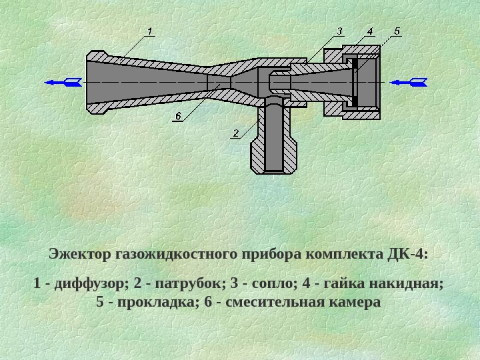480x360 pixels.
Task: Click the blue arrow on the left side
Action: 64,82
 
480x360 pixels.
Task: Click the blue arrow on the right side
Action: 407,82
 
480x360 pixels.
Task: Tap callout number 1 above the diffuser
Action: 150,30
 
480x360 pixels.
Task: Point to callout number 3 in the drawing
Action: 339,31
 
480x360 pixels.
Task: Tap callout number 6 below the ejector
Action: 178,116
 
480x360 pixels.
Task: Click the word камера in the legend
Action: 355,302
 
